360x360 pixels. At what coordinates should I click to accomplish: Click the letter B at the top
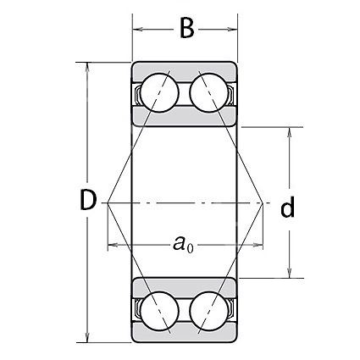[x=187, y=29]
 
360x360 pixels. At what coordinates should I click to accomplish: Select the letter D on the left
[x=88, y=200]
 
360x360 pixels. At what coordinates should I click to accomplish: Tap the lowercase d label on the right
[x=287, y=207]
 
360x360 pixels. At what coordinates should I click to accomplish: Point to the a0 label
[x=184, y=244]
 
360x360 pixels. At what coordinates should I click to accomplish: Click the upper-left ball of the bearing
[x=160, y=93]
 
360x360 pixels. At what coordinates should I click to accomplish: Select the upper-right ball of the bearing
[x=209, y=93]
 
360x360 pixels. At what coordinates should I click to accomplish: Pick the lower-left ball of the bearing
[x=160, y=311]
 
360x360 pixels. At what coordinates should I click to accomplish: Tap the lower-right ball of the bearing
[x=209, y=311]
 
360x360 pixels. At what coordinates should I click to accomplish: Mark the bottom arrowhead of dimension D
[x=87, y=336]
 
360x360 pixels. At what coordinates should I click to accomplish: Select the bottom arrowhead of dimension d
[x=289, y=272]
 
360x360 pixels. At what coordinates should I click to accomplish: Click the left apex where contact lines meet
[x=108, y=202]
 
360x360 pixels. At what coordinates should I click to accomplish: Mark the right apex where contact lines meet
[x=263, y=202]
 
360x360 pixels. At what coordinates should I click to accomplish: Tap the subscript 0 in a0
[x=191, y=248]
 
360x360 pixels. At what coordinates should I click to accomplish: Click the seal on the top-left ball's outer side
[x=137, y=95]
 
